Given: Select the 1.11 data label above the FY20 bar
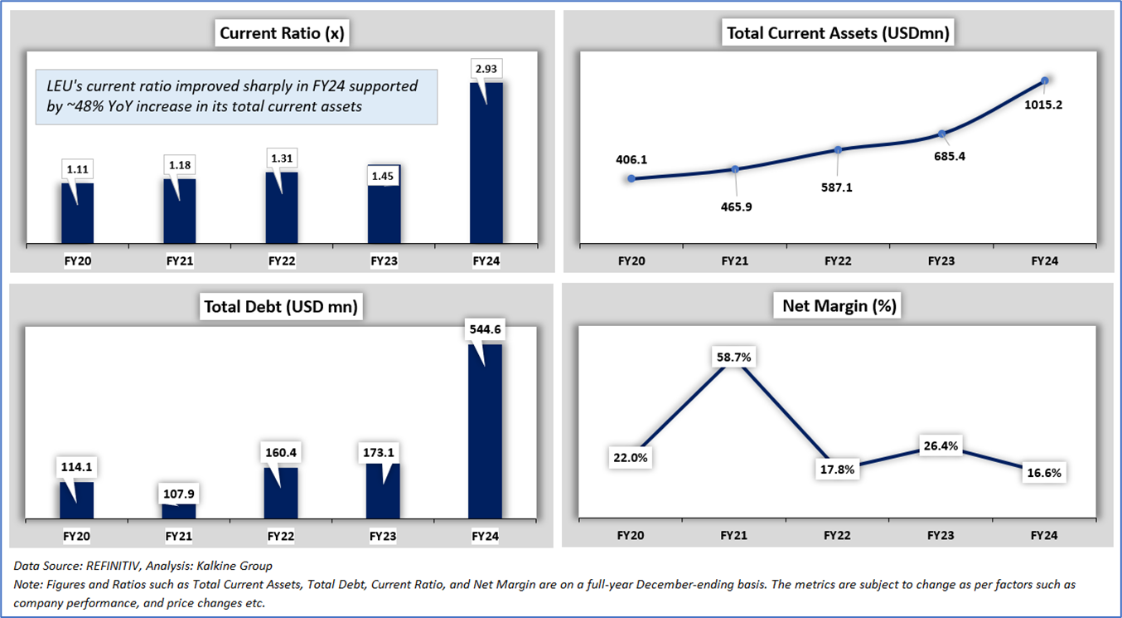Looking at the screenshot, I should (x=78, y=169).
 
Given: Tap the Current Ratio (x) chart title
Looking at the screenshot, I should (x=282, y=34).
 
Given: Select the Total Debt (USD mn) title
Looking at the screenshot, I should (x=282, y=307).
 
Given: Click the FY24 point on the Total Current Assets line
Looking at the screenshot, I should (x=1045, y=80).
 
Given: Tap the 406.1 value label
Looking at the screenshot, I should (x=631, y=158).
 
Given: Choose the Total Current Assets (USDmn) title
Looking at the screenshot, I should (x=838, y=34).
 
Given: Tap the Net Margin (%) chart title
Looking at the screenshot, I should (x=839, y=306).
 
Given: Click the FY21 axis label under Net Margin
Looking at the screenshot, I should (x=734, y=535).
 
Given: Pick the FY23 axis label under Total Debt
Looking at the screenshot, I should (x=383, y=537).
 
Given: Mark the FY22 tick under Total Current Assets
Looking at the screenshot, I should (x=838, y=260).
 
